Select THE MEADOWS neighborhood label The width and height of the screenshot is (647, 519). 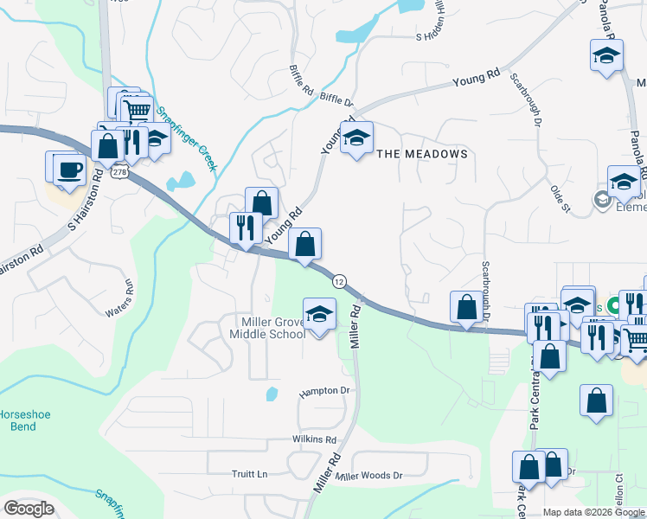[422, 154]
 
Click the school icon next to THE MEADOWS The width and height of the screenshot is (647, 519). [356, 138]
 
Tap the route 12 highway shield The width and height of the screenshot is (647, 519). [339, 281]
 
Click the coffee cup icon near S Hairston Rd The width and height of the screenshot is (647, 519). [68, 170]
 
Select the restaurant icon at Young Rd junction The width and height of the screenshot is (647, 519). [246, 229]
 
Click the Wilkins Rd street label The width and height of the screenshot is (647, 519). [314, 439]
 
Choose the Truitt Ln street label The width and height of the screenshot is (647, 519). [250, 474]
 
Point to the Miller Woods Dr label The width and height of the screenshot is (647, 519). [370, 476]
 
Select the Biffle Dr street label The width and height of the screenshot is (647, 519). [337, 100]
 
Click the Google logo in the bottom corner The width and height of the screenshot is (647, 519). [29, 509]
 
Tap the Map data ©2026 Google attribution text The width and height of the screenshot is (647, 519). [593, 512]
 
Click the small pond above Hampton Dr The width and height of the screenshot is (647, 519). [272, 394]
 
